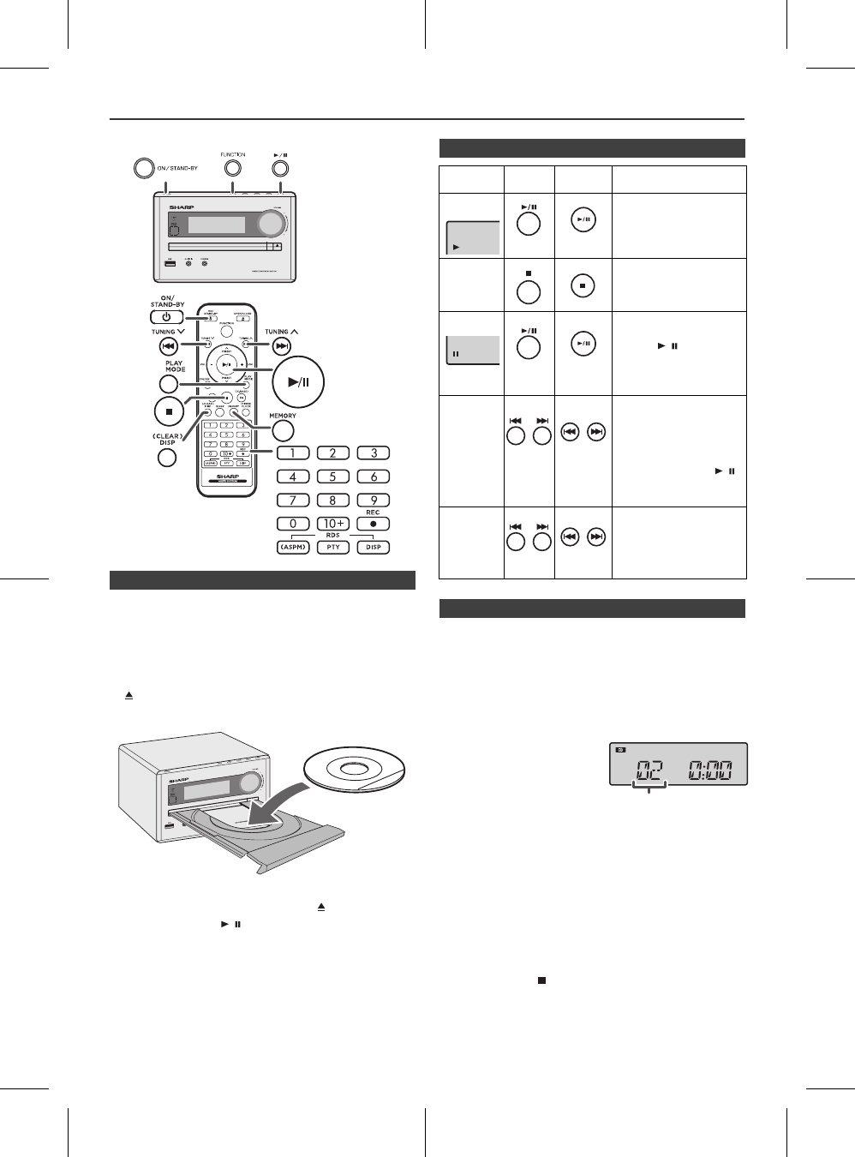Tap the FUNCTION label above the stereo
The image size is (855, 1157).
tap(232, 155)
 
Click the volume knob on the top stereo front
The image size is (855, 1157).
tap(272, 223)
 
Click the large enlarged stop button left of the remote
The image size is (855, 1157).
tap(169, 411)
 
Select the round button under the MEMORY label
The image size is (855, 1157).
tap(283, 433)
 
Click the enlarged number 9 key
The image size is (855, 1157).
tap(374, 500)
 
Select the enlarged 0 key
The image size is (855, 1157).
tap(293, 524)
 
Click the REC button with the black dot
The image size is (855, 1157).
tap(374, 524)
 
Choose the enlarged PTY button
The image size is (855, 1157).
tap(333, 548)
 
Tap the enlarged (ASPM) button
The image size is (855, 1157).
tap(293, 548)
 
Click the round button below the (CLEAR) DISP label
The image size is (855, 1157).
tap(167, 457)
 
